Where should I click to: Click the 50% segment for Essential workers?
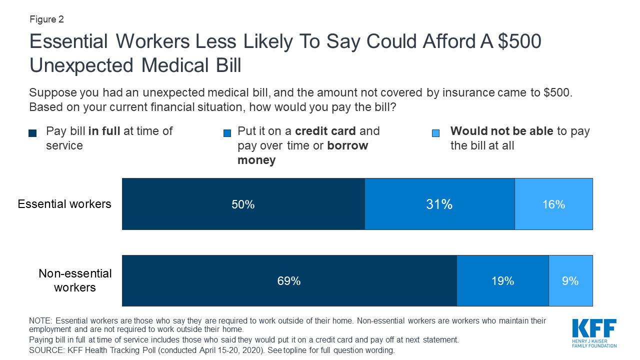point(243,204)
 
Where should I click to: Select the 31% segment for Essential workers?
point(439,204)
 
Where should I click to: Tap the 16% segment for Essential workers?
point(553,204)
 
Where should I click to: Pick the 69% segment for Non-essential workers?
point(289,281)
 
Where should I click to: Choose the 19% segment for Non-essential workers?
point(502,281)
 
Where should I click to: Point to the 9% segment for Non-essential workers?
point(570,281)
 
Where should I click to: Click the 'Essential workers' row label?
point(64,204)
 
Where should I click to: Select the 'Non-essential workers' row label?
point(75,280)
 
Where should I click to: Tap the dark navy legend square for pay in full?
point(33,133)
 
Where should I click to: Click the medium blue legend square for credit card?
point(227,133)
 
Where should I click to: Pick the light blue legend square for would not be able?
point(436,133)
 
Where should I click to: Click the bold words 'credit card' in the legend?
point(325,131)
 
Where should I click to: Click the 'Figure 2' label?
point(46,19)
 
